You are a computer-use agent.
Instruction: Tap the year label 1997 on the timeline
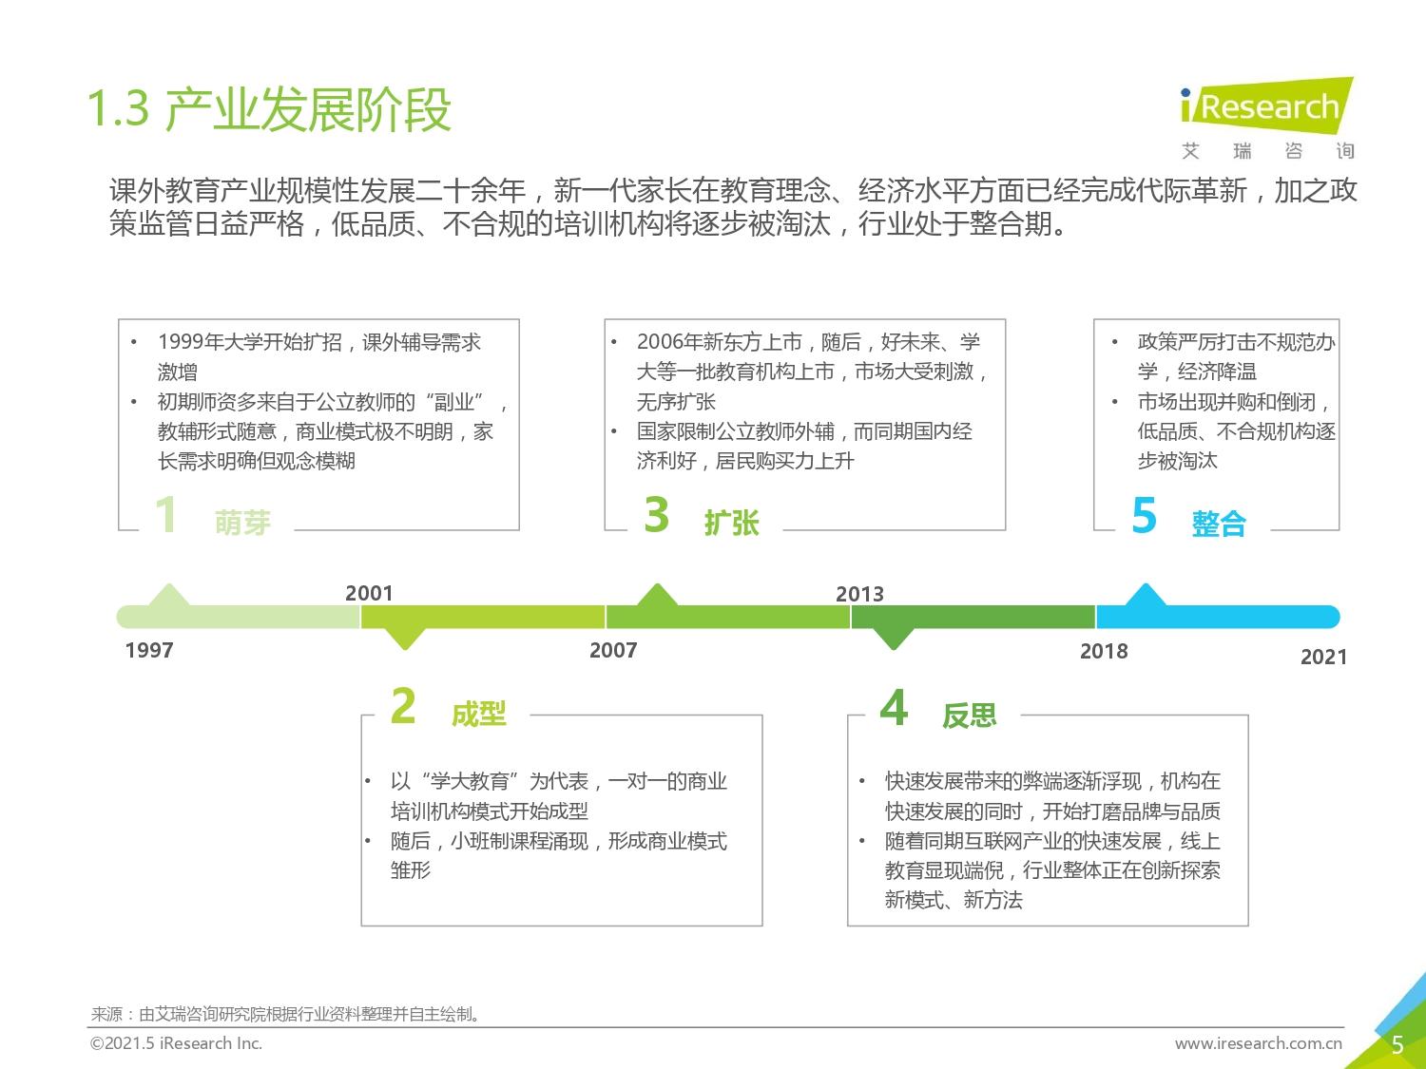(149, 650)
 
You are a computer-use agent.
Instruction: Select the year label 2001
(369, 593)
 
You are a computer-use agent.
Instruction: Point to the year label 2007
(613, 650)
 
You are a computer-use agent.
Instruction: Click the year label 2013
(859, 594)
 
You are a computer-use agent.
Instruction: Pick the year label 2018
(1104, 651)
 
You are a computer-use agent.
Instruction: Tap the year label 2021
(1323, 657)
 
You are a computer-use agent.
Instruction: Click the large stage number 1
(166, 514)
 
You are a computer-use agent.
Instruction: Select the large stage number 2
(403, 705)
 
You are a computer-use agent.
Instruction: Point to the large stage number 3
(657, 514)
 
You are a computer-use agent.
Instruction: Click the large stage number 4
(894, 707)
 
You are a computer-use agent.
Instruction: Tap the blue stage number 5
(1144, 515)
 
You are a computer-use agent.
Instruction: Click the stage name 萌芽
(242, 523)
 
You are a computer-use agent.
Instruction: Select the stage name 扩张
(731, 523)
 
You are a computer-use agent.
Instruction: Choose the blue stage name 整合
(1219, 524)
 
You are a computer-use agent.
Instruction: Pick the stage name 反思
(970, 715)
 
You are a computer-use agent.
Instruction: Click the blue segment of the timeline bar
(1218, 617)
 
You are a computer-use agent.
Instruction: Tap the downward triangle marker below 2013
(894, 639)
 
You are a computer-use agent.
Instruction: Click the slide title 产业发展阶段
(308, 109)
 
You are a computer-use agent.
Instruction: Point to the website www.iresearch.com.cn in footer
(1259, 1043)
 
